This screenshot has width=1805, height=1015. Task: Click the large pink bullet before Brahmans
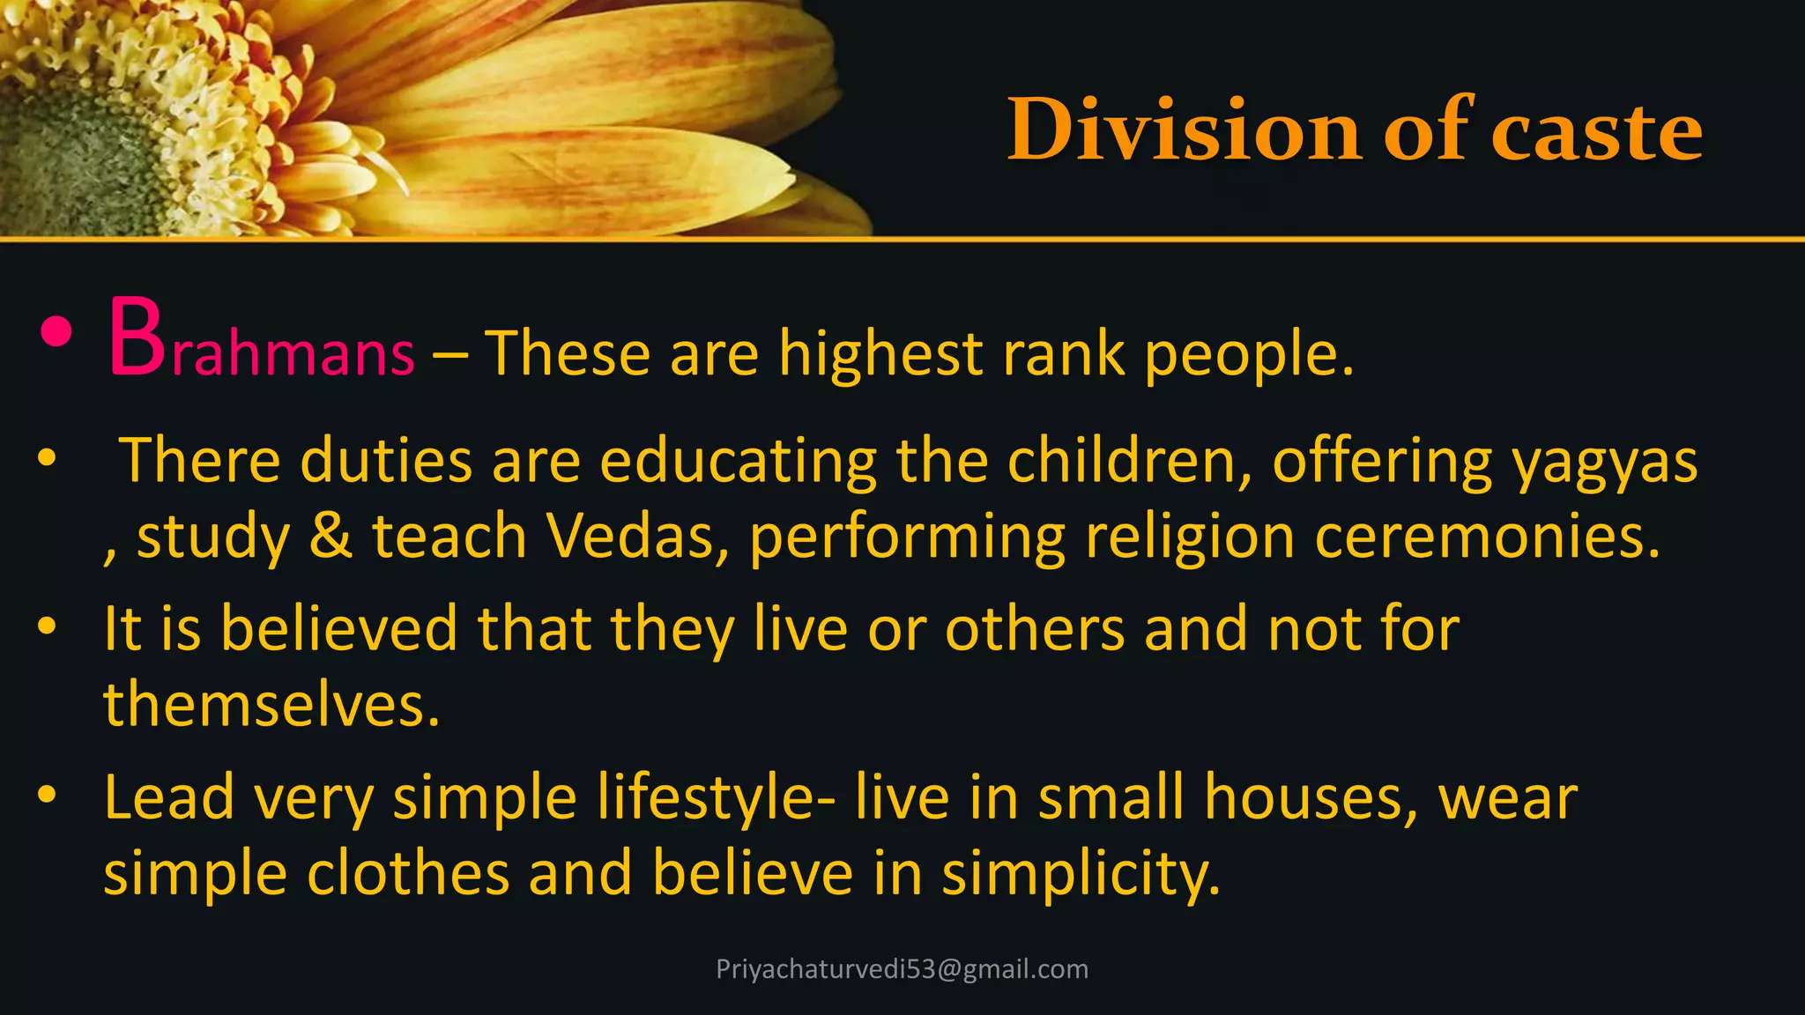coord(55,332)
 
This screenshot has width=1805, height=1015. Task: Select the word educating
coord(738,461)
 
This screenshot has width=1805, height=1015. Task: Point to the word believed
coord(338,628)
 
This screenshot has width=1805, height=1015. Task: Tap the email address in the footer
coord(902,969)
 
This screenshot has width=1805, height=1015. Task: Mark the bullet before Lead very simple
coord(48,795)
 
